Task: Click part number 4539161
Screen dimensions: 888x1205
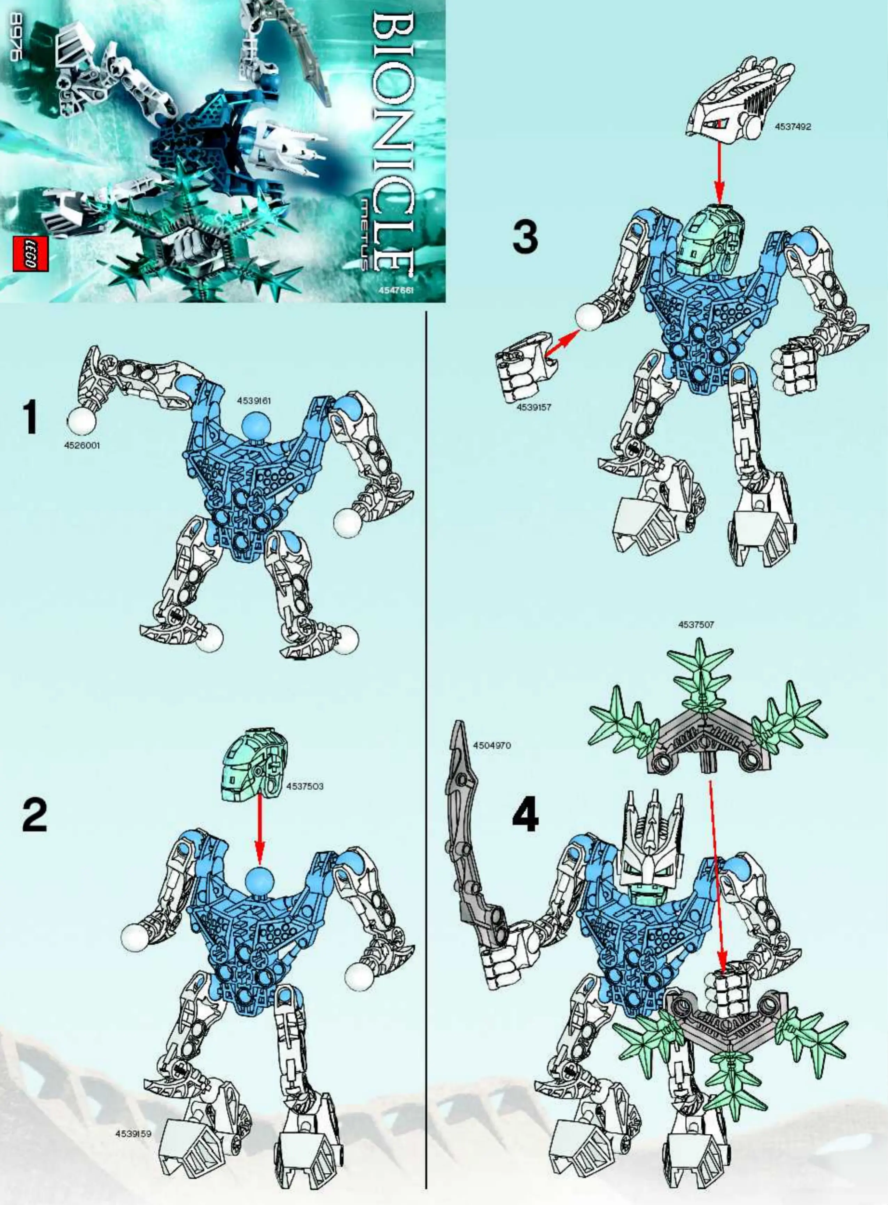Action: (254, 400)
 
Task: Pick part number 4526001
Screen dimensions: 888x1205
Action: (82, 446)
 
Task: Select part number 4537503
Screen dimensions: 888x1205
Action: (305, 786)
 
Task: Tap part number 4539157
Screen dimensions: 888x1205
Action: (534, 407)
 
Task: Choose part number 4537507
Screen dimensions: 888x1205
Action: (696, 625)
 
